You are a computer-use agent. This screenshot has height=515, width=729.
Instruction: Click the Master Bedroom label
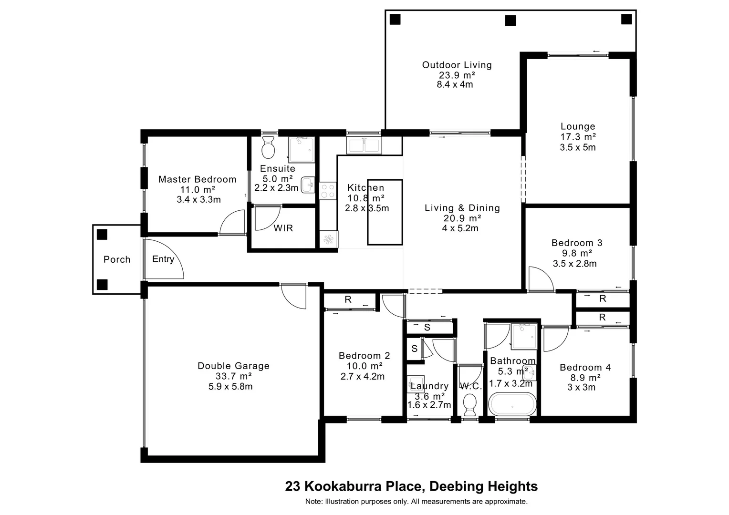click(197, 179)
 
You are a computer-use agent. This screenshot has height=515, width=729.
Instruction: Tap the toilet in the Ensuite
click(268, 147)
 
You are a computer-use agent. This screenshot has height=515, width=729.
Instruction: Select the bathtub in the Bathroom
click(512, 404)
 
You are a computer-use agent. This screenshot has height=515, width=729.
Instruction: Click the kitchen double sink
click(364, 145)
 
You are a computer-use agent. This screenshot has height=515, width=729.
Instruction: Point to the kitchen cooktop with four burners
click(328, 191)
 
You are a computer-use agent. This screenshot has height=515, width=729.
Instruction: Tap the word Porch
click(117, 259)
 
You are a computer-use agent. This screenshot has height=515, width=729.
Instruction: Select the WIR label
click(283, 228)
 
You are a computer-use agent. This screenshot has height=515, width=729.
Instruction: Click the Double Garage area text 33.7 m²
click(233, 376)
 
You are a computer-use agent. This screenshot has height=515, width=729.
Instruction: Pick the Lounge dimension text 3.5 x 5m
click(578, 147)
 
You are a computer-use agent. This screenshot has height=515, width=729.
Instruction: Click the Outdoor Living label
click(457, 65)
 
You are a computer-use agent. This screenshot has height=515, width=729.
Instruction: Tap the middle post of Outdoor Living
click(510, 21)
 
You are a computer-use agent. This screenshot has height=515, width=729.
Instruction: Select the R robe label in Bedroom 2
click(348, 299)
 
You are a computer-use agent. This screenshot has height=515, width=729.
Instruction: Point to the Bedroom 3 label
click(577, 243)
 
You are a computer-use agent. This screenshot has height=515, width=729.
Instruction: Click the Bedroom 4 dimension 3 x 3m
click(581, 387)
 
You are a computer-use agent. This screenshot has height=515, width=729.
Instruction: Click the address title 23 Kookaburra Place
click(354, 486)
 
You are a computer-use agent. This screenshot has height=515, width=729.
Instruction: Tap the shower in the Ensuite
click(301, 149)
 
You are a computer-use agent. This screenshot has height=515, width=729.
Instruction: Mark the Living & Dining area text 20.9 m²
click(462, 218)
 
